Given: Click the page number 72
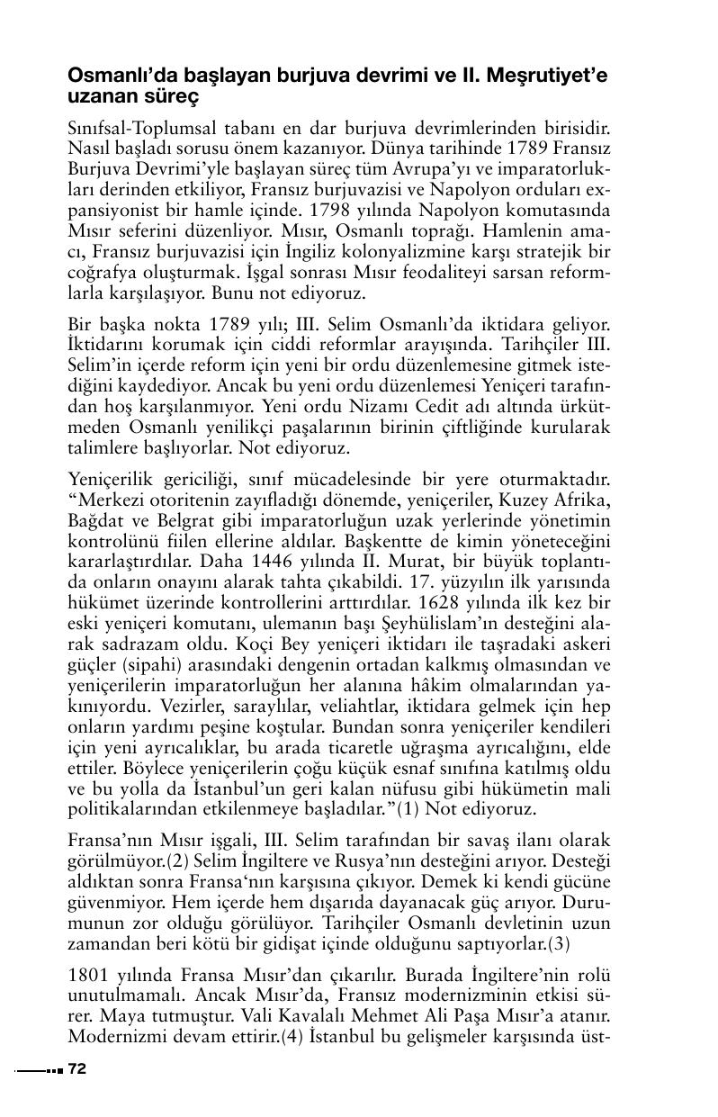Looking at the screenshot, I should tap(76, 1069).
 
